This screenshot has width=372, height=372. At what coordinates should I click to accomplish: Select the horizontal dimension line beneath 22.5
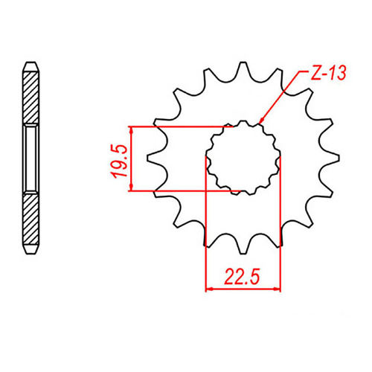[243, 288]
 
